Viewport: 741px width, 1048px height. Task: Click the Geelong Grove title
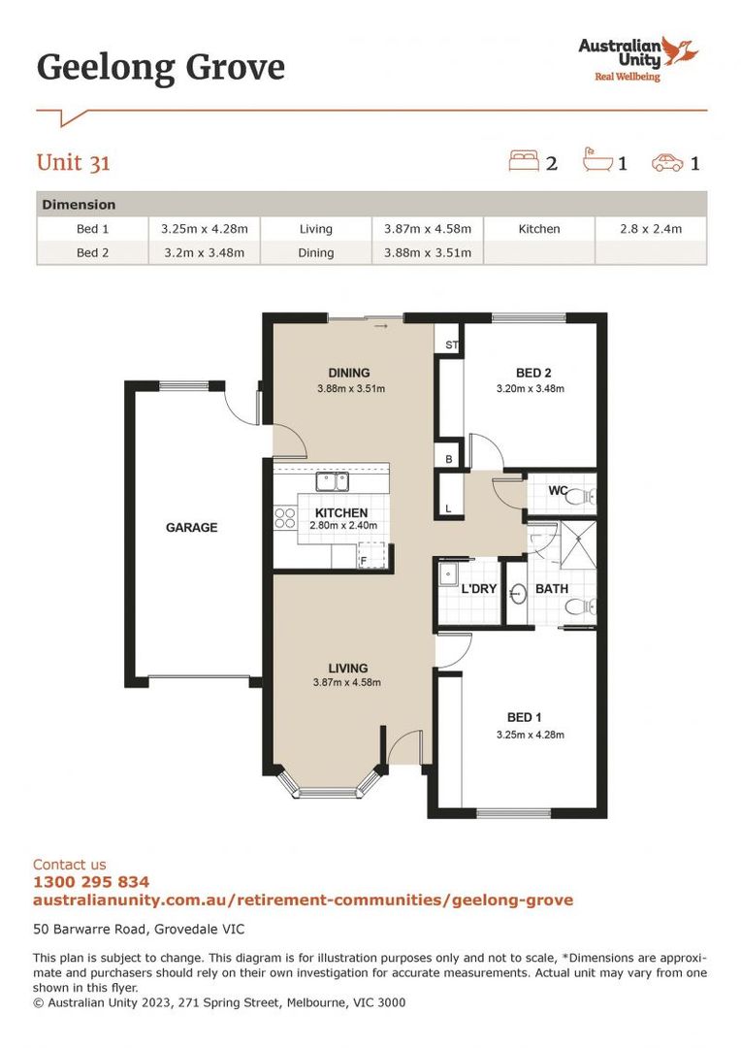161,68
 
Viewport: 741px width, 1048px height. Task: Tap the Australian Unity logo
637,58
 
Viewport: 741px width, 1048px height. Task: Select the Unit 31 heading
74,162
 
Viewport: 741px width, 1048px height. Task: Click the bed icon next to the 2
523,161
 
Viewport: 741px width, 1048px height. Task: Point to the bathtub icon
596,161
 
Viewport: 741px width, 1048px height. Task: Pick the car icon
667,162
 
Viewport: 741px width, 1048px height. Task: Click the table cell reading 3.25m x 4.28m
204,229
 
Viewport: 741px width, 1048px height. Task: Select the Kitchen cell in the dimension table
538,229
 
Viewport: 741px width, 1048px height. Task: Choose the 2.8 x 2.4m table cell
651,229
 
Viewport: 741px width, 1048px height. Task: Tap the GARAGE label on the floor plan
191,528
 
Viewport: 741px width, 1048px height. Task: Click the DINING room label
349,373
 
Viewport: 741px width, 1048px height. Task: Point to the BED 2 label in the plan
533,373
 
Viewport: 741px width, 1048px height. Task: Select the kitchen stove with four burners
285,518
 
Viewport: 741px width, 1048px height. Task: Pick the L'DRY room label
478,589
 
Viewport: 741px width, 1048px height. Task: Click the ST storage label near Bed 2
451,344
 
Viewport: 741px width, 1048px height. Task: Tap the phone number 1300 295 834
91,882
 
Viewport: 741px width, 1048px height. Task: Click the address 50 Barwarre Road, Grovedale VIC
131,928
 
